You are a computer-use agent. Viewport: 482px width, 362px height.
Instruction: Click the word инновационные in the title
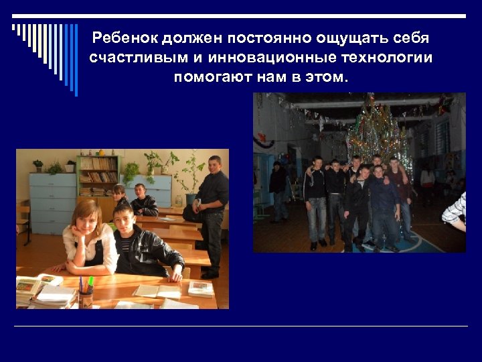coord(270,57)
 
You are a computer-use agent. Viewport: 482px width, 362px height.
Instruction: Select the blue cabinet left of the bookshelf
coord(52,201)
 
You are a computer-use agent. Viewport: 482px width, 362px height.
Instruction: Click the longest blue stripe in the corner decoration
coord(76,60)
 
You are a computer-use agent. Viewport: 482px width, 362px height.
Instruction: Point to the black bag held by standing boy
coord(192,213)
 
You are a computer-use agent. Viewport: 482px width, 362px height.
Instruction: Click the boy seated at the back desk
coord(143,200)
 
